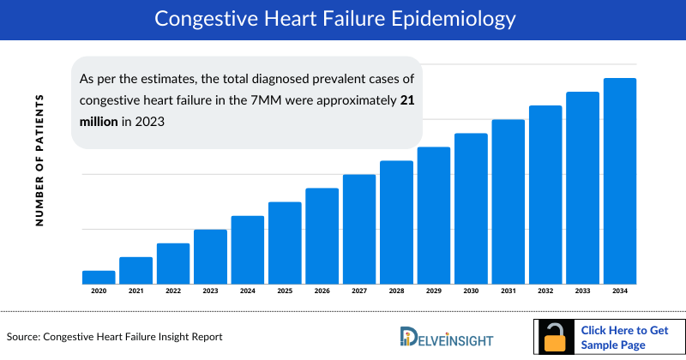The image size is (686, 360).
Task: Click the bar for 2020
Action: [x=99, y=277]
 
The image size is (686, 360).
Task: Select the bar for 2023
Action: [x=210, y=256]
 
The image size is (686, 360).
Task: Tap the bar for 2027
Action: [x=359, y=229]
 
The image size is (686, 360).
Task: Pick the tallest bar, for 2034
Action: [x=620, y=181]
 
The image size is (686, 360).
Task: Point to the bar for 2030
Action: [x=471, y=208]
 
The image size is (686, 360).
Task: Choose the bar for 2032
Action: [x=545, y=195]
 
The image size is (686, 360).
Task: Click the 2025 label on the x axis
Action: [x=285, y=291]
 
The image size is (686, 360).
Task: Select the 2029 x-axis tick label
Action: [x=434, y=291]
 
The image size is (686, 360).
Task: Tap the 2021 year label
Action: [x=135, y=291]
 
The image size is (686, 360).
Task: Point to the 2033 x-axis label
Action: [x=582, y=291]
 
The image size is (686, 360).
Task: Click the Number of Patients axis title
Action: [x=39, y=161]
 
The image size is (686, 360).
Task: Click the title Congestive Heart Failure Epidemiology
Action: [x=342, y=19]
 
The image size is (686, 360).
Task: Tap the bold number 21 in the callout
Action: [x=408, y=100]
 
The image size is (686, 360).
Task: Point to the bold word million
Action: [x=98, y=121]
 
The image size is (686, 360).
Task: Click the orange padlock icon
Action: [x=556, y=337]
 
